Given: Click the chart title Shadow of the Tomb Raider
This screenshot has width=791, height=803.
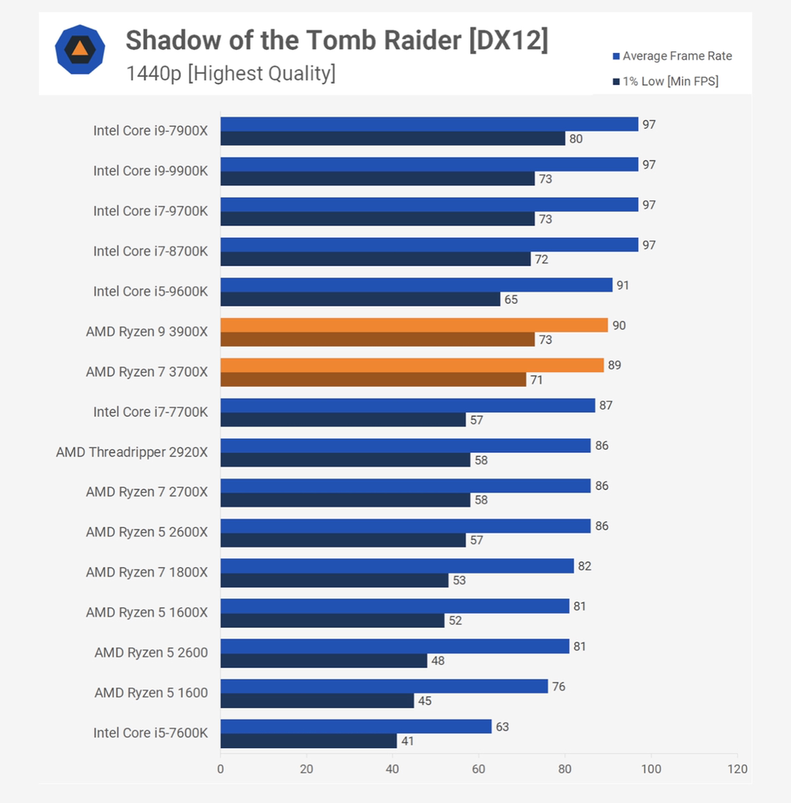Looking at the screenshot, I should (336, 41).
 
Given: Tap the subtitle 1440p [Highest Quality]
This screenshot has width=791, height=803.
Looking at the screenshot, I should (231, 73).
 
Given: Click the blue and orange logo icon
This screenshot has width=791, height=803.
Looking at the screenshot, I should (80, 49).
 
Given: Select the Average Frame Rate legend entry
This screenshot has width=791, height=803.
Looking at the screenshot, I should (672, 56).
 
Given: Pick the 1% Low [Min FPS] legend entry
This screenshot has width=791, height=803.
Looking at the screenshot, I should (666, 81).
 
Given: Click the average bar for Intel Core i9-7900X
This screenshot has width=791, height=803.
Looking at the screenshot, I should (429, 125).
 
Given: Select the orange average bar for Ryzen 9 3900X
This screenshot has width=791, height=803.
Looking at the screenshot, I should (414, 325).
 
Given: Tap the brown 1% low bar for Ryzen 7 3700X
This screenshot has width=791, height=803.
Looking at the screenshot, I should (373, 380).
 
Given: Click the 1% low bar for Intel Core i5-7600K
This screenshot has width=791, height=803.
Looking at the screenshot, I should (308, 741).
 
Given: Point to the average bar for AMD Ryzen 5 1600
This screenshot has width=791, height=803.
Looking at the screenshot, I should (384, 687).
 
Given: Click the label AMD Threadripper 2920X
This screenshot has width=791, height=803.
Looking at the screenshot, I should (132, 452).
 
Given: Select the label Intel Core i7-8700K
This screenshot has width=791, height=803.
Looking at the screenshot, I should (150, 251).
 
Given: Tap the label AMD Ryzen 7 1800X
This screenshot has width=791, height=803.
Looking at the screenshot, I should (146, 572).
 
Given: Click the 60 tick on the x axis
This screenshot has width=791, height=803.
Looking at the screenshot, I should (479, 769).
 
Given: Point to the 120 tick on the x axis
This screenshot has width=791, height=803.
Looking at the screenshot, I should (738, 769).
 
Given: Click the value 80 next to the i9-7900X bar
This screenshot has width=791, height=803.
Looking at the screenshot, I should (576, 138).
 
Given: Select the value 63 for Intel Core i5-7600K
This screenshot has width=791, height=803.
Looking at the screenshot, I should (502, 727).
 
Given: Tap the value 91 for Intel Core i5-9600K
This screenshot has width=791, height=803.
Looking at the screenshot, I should (623, 285).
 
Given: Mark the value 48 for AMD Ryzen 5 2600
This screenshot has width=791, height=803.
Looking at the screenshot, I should (438, 661).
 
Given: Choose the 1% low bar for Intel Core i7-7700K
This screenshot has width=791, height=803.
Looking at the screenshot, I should (343, 420).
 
